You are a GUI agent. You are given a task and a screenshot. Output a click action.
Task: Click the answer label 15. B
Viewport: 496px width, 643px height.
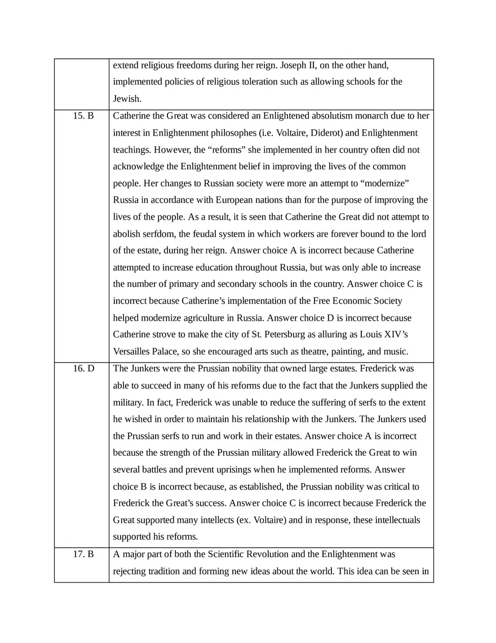pos(83,116)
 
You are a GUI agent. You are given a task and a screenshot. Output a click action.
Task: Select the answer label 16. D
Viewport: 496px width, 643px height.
pos(83,369)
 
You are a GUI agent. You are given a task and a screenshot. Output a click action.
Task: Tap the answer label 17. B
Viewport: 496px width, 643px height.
pos(83,554)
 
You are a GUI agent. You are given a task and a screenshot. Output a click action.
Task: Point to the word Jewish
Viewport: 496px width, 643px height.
pos(126,98)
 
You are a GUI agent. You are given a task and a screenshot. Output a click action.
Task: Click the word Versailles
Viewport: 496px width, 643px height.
pos(132,351)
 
